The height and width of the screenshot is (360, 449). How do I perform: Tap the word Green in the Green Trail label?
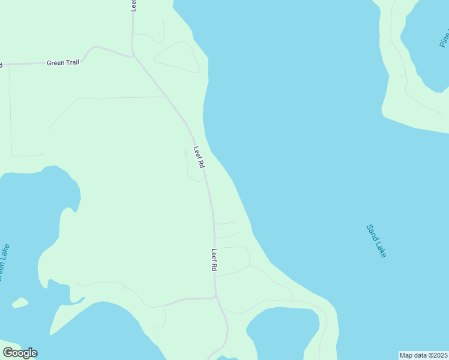click(55, 62)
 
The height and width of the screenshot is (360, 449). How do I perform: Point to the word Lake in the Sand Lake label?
click(382, 249)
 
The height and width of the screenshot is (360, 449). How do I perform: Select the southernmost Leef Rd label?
click(214, 260)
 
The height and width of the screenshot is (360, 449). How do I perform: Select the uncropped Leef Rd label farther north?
click(199, 157)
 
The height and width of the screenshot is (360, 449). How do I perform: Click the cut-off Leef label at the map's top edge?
click(133, 5)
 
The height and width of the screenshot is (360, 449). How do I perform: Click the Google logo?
click(20, 353)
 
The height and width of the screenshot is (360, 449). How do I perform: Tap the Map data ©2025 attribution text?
click(424, 355)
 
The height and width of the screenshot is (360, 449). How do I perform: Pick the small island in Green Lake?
click(20, 303)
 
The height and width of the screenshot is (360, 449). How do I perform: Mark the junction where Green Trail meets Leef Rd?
click(133, 56)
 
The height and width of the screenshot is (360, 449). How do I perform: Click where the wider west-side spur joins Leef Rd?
click(215, 297)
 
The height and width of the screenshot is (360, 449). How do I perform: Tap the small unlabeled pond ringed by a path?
click(282, 330)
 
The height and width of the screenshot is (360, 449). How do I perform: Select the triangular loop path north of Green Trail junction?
click(178, 58)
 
